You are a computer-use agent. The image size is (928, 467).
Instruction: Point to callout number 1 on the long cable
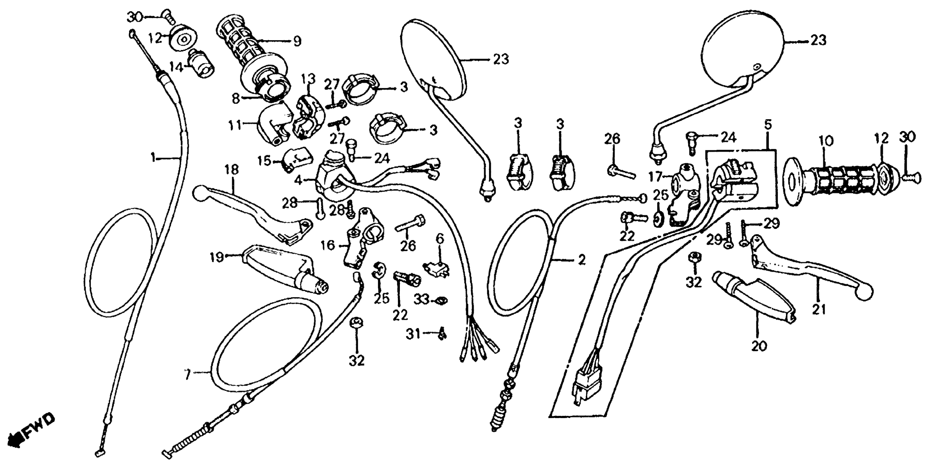[x=154, y=157]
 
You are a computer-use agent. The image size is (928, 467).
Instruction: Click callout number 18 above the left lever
[x=232, y=170]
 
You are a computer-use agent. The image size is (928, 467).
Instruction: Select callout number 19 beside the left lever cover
[x=217, y=258]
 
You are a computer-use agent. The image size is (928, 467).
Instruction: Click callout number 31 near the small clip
[x=413, y=334]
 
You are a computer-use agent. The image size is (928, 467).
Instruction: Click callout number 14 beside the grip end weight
[x=177, y=67]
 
